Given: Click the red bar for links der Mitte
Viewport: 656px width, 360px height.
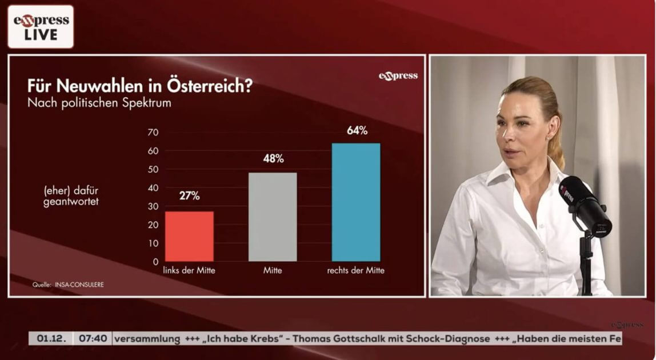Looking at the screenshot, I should click(189, 236).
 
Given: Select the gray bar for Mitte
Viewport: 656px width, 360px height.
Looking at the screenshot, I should click(273, 217).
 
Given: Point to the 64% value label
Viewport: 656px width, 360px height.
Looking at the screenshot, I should click(357, 130).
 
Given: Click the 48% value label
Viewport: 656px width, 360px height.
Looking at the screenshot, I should click(273, 159).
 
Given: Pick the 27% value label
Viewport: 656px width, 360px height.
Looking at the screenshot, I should click(189, 196).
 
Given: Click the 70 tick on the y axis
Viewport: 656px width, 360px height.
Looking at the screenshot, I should click(153, 133).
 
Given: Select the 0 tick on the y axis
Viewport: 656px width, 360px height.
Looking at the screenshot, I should click(155, 262).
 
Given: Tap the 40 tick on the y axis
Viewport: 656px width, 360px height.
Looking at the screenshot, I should click(153, 188).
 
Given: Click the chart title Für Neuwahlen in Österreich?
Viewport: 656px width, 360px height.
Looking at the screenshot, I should click(140, 87).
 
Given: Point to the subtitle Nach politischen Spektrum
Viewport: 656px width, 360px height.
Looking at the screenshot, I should click(99, 103).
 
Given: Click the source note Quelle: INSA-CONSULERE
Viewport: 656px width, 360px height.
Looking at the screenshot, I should click(68, 284).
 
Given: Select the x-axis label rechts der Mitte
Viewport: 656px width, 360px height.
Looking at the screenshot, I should click(355, 271).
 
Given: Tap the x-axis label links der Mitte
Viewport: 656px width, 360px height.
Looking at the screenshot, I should click(189, 271).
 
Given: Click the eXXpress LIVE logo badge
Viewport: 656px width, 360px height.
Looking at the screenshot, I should click(41, 27).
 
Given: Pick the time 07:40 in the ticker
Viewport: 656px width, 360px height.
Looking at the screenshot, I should click(93, 338).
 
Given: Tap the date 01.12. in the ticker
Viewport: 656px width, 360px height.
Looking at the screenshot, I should click(51, 338).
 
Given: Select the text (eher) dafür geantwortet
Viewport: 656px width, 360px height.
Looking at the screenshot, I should click(71, 197).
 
